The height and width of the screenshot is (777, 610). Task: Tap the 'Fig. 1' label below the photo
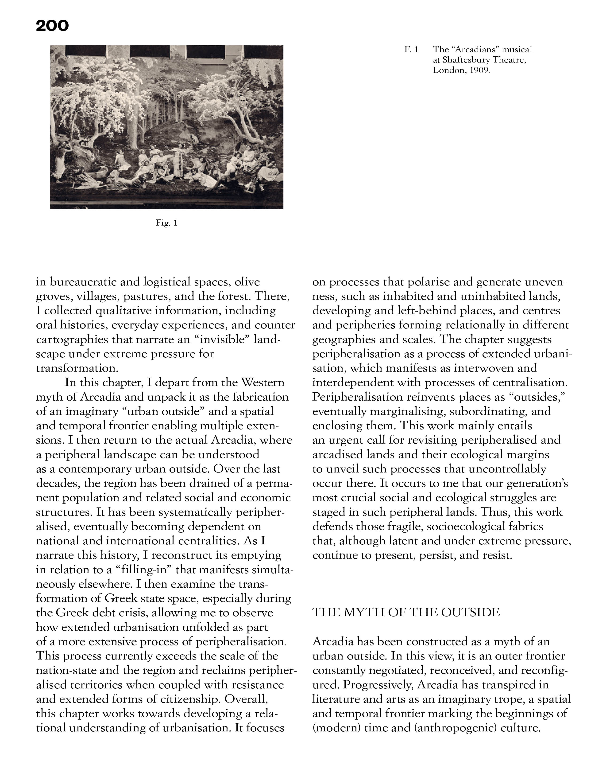(x=166, y=223)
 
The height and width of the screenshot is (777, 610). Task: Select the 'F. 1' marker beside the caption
(x=411, y=49)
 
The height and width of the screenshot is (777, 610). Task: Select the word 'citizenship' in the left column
(x=187, y=699)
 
